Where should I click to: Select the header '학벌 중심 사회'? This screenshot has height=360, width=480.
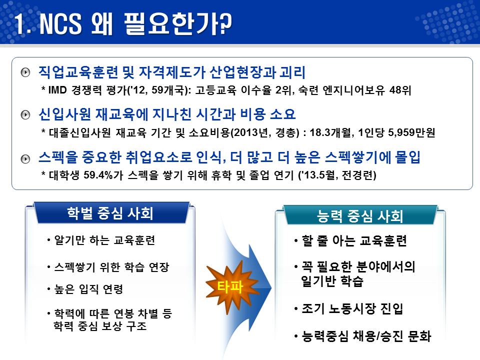click(x=110, y=213)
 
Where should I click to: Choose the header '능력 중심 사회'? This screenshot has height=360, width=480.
click(x=360, y=216)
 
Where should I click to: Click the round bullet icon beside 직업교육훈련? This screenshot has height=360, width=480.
click(x=25, y=73)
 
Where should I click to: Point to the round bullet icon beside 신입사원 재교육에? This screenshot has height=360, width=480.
click(x=25, y=115)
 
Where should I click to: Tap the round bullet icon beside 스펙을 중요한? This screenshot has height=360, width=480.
click(x=25, y=159)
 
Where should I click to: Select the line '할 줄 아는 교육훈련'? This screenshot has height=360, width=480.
click(x=354, y=241)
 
